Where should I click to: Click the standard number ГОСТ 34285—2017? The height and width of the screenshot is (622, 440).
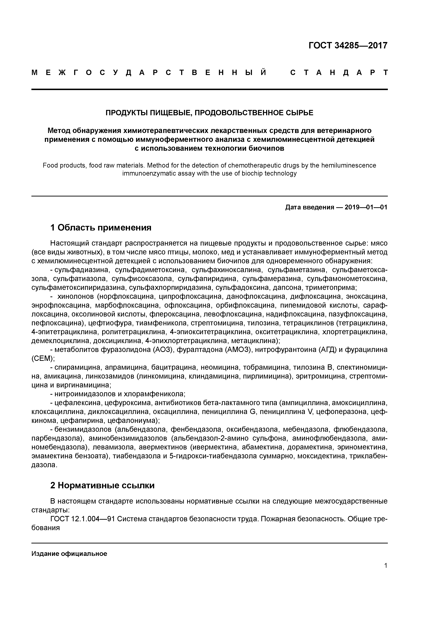coord(348,46)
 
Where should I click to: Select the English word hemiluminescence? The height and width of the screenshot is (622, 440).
coord(349,165)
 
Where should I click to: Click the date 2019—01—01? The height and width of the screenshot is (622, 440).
coord(366,207)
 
